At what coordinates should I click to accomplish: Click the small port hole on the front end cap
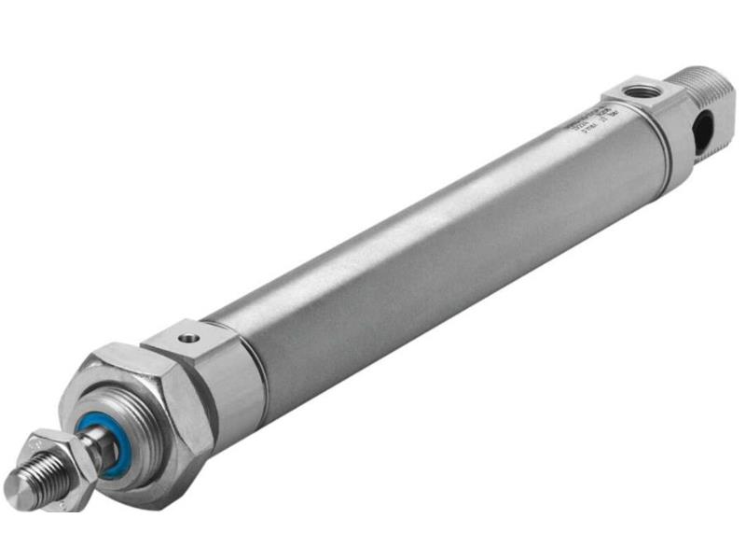189,333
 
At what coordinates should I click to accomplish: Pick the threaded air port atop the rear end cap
640,91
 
